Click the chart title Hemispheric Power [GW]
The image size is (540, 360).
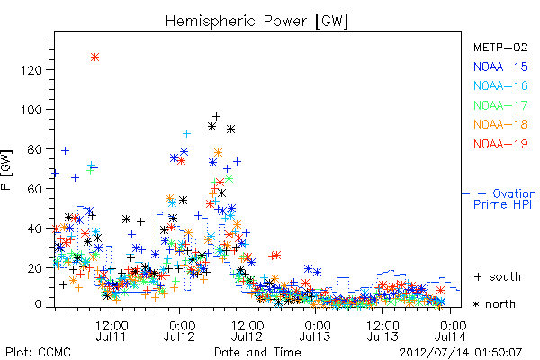[x=256, y=21]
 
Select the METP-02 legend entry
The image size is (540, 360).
[x=500, y=47]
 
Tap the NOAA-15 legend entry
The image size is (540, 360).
[x=500, y=67]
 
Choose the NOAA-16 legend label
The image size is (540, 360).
[x=500, y=85]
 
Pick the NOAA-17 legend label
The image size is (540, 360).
[x=500, y=105]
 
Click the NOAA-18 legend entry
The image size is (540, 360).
[x=500, y=124]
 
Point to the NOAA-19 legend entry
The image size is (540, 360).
[x=500, y=144]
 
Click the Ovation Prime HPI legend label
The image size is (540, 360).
[x=504, y=199]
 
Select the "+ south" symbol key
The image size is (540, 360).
[x=498, y=276]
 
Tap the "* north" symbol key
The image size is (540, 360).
[x=494, y=304]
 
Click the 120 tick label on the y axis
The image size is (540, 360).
[x=31, y=70]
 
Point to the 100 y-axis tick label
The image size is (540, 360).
[x=31, y=110]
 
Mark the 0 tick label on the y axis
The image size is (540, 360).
[x=38, y=304]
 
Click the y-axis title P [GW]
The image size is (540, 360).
[x=6, y=170]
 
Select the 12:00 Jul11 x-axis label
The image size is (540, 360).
[x=112, y=330]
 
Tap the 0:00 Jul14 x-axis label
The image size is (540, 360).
[x=451, y=330]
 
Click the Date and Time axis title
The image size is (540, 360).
[x=257, y=352]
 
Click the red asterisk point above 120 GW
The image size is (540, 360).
[x=95, y=58]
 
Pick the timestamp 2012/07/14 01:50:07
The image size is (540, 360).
[x=461, y=353]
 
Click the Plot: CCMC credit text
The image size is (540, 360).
[x=38, y=352]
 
